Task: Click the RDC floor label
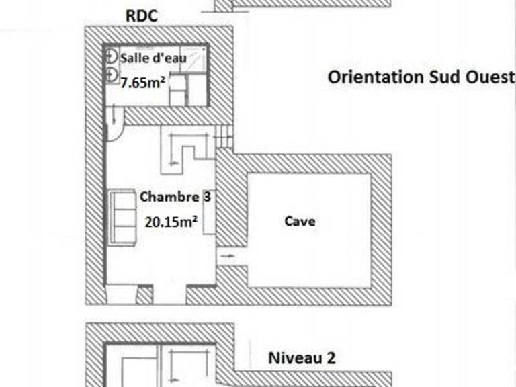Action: coord(142,16)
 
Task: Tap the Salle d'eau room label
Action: coord(153,58)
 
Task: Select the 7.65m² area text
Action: coord(142,82)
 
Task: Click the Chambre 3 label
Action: coord(175,197)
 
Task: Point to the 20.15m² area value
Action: coord(171,222)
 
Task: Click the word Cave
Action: coord(300,221)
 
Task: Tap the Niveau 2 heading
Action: coord(302,358)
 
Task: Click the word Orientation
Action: coord(376,77)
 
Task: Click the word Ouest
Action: coord(490,77)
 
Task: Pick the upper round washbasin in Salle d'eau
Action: coord(112,57)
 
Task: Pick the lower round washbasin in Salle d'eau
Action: coord(112,75)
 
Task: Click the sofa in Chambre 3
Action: coord(123,217)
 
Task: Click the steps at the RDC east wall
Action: coord(224,136)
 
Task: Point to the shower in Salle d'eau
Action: coord(193,59)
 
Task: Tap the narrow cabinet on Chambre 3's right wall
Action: coord(209,212)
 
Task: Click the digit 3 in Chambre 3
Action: coord(207,196)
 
